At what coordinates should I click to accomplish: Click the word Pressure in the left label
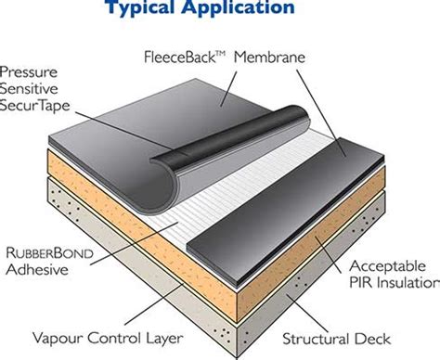[x=32, y=71]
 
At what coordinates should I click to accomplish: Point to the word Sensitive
[x=33, y=89]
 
